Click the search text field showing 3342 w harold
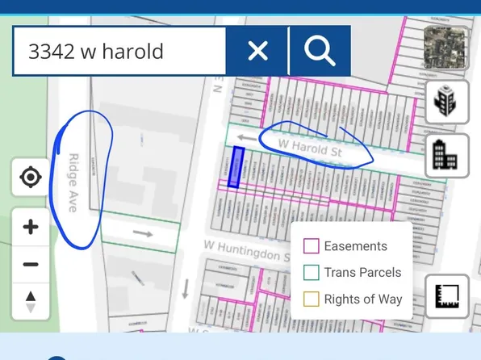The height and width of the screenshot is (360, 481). [x=119, y=52]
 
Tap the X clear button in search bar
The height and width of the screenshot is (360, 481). [x=257, y=52]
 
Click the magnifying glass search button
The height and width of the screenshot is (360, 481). [x=320, y=52]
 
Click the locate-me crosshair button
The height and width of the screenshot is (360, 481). [x=31, y=177]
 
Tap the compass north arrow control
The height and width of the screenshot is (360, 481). [x=31, y=302]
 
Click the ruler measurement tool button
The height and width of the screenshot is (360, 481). [x=446, y=296]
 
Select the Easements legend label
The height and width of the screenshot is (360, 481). [x=355, y=246]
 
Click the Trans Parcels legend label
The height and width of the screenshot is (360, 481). [x=362, y=273]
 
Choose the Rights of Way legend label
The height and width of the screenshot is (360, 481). [x=362, y=299]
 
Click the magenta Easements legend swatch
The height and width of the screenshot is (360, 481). [x=311, y=246]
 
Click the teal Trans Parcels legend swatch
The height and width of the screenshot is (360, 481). [x=311, y=273]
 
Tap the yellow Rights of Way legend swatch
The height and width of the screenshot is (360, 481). [x=311, y=299]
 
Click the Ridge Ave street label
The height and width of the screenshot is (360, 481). [x=73, y=182]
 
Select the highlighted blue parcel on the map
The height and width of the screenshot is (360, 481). [x=236, y=167]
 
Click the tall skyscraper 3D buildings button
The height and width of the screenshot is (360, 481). [x=446, y=103]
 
